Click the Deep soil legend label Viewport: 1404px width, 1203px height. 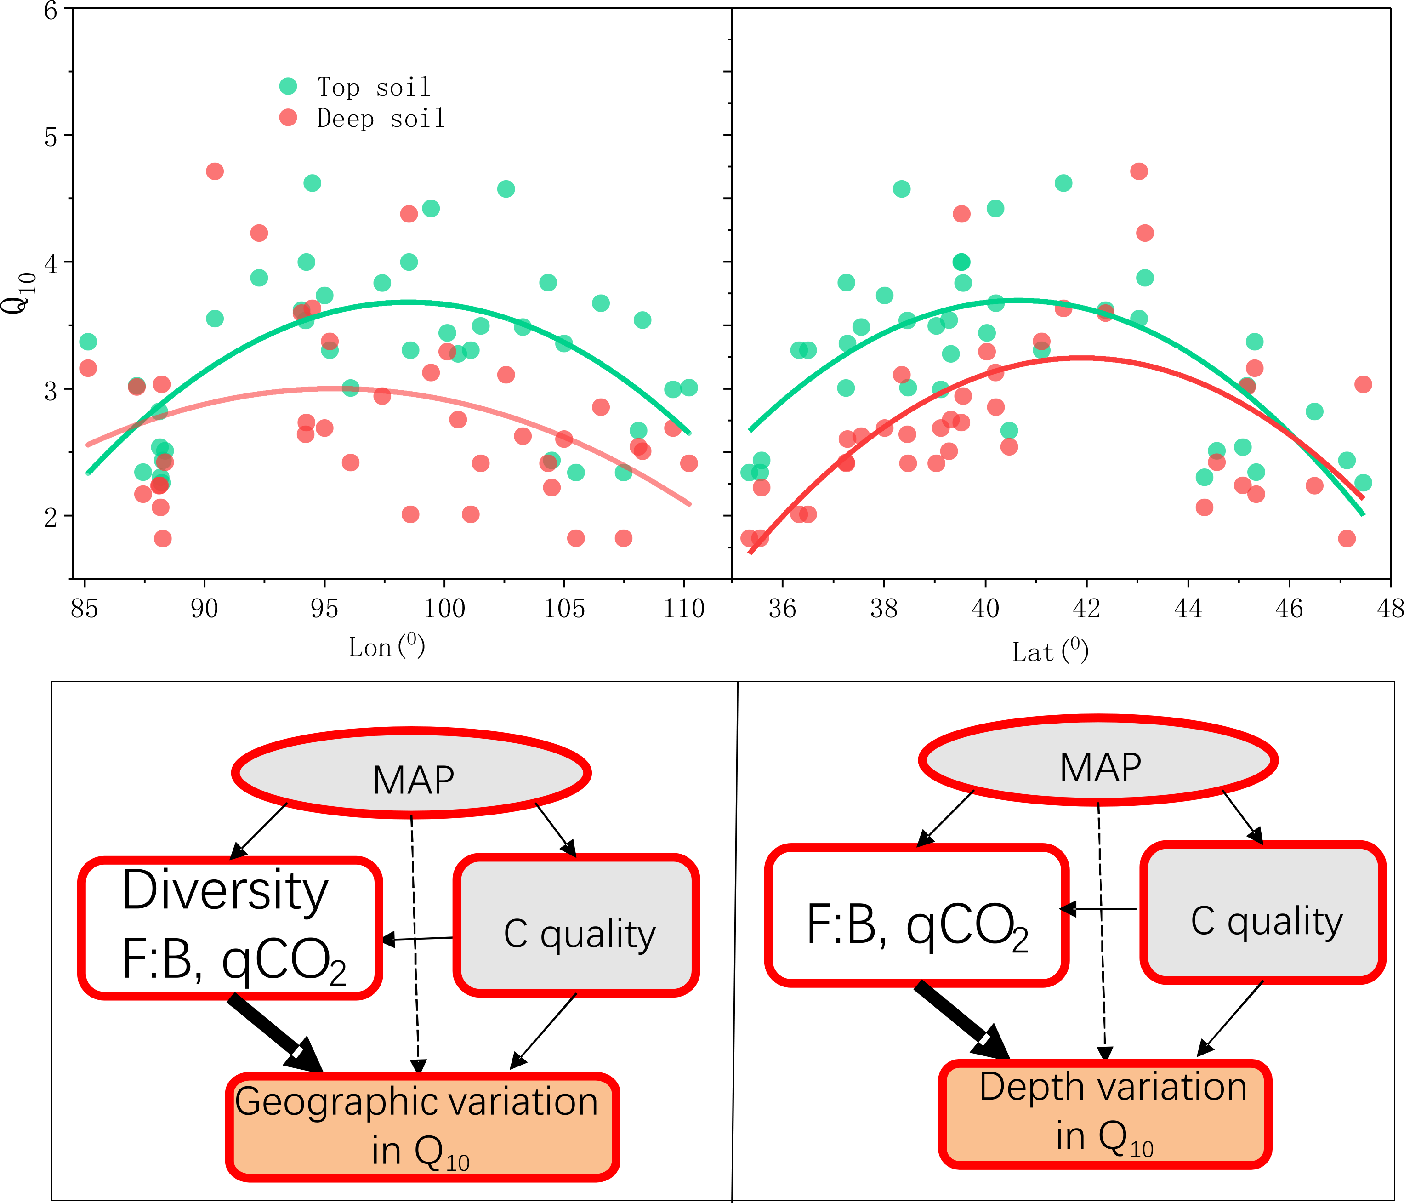pos(381,119)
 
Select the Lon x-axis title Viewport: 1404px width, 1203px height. pos(386,647)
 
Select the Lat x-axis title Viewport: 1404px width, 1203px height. pos(1050,651)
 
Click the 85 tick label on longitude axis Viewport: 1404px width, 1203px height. pos(84,609)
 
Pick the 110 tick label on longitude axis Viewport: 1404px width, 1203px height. pos(684,609)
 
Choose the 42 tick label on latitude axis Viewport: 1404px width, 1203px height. pos(1086,609)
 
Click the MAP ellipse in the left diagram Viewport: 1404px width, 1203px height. pos(412,773)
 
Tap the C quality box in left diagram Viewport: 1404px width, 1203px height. pos(577,925)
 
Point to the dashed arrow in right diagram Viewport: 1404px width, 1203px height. pos(1102,929)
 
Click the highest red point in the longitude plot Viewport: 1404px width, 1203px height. pos(215,171)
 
